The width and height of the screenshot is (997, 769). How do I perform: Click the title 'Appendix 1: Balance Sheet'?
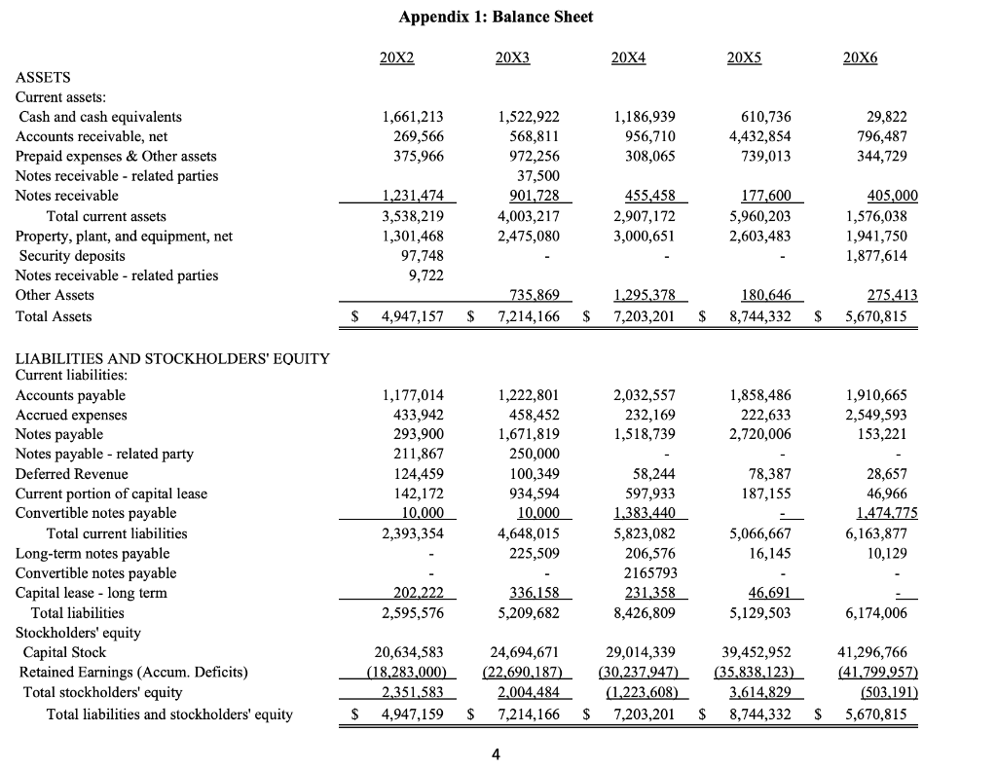[496, 17]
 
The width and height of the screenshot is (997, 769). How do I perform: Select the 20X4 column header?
[628, 57]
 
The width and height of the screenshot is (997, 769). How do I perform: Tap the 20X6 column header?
[860, 57]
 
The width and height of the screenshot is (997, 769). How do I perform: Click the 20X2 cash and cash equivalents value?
[411, 117]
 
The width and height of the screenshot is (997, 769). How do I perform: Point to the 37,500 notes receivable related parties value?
[540, 176]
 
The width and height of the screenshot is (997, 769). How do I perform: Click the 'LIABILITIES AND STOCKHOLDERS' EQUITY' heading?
[173, 359]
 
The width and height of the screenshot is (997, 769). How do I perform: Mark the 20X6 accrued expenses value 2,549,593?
[869, 415]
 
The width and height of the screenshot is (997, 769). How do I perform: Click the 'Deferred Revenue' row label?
[72, 474]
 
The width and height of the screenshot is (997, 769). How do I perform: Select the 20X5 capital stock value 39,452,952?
[751, 652]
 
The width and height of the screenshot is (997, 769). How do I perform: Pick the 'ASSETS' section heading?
[44, 77]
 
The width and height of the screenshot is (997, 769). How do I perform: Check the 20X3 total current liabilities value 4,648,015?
[527, 533]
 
